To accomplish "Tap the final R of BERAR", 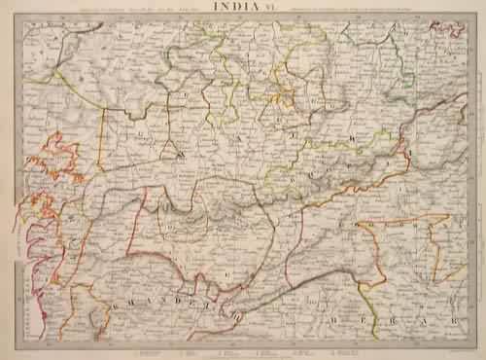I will pos(456,318).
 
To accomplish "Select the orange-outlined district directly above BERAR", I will pos(399,253).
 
